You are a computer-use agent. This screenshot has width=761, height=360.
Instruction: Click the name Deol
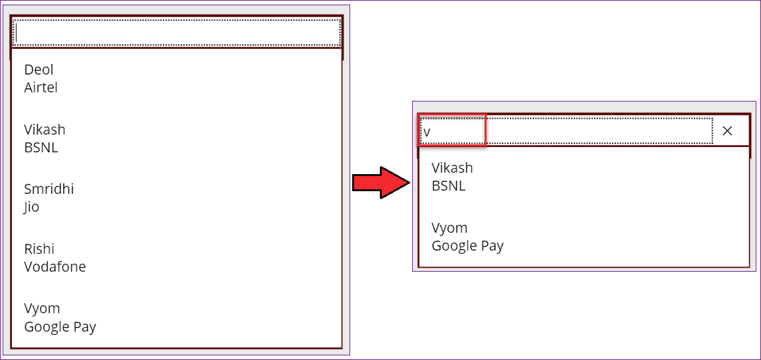[x=39, y=70]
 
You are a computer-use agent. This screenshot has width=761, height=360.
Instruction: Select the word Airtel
[x=41, y=88]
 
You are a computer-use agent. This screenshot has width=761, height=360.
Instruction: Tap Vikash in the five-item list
[x=45, y=130]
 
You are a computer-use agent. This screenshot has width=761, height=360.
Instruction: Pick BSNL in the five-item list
[x=41, y=148]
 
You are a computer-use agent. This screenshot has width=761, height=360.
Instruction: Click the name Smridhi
[x=49, y=189]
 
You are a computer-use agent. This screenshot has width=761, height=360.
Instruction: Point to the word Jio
[x=32, y=207]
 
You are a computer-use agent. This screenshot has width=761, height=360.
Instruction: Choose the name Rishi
[x=39, y=249]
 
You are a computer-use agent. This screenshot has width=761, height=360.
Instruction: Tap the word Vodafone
[x=55, y=267]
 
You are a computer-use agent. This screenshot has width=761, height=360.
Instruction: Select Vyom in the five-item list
[x=42, y=309]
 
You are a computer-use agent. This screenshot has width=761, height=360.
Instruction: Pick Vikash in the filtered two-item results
[x=452, y=168]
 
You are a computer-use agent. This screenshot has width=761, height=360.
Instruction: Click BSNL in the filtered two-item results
[x=448, y=186]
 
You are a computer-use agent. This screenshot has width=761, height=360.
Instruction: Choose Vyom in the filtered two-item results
[x=450, y=228]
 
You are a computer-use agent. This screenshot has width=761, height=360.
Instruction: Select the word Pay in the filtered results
[x=493, y=247]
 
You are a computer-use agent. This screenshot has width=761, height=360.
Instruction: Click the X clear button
[x=727, y=131]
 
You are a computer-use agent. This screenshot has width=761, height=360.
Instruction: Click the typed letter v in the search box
[x=427, y=132]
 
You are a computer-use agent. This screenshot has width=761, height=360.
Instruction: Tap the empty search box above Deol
[x=177, y=32]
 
